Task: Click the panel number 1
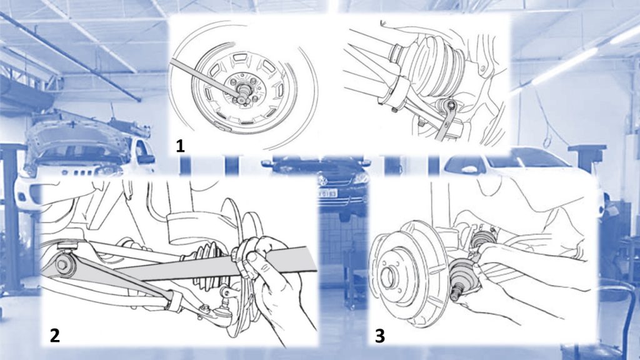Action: [x=180, y=146]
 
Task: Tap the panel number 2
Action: [x=55, y=336]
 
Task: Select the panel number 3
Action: [x=379, y=336]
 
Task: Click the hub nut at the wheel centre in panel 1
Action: [x=243, y=89]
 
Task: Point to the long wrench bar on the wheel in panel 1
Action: [x=204, y=77]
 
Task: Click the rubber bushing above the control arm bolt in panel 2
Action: [x=67, y=246]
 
